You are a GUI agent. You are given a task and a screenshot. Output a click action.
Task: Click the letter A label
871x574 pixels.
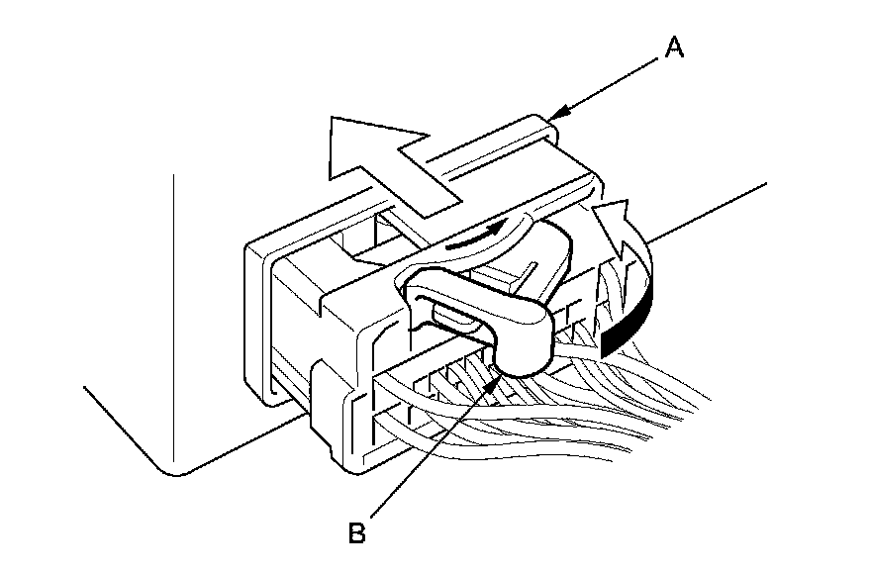tap(674, 48)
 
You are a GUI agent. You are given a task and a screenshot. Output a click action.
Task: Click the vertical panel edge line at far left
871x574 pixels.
tap(174, 317)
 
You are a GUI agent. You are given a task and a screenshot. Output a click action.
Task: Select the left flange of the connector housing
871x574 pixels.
tap(259, 317)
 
